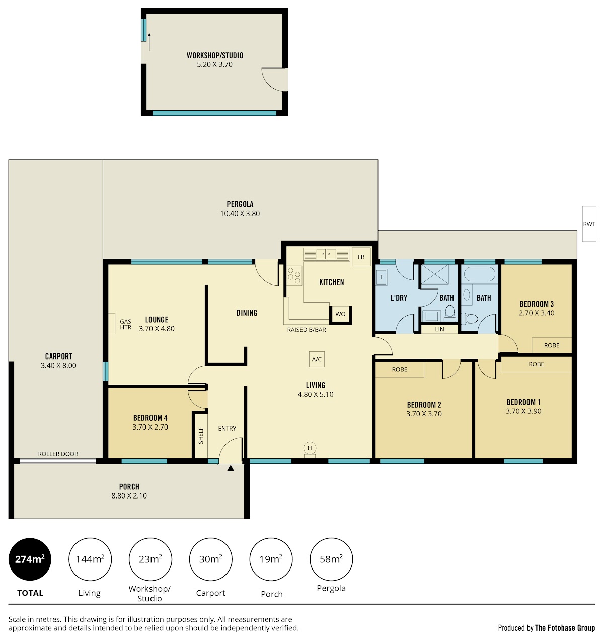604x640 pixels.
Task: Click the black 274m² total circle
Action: point(30,559)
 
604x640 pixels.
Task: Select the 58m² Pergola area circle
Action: point(331,559)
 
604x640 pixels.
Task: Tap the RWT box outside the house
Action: point(589,224)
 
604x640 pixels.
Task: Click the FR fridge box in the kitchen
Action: point(361,257)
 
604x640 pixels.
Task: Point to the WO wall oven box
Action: point(340,314)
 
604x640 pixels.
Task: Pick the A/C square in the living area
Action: point(317,359)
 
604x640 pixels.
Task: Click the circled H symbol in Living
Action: point(310,448)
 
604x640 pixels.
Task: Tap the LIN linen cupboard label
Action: point(439,329)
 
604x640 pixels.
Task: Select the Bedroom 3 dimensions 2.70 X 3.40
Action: point(537,313)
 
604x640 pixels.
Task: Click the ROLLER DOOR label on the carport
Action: point(58,454)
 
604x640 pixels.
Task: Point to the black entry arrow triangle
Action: point(231,468)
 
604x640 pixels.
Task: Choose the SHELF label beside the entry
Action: point(201,436)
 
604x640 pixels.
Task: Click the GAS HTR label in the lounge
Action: point(126,324)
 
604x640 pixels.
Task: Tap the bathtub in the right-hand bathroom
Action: point(479,274)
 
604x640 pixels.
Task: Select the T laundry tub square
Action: point(381,277)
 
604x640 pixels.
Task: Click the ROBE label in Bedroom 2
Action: point(400,369)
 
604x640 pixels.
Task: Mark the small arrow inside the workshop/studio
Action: point(149,42)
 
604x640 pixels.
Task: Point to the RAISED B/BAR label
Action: point(307,330)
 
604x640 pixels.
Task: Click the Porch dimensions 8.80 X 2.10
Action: point(129,496)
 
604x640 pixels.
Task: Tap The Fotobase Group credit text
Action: point(565,628)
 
